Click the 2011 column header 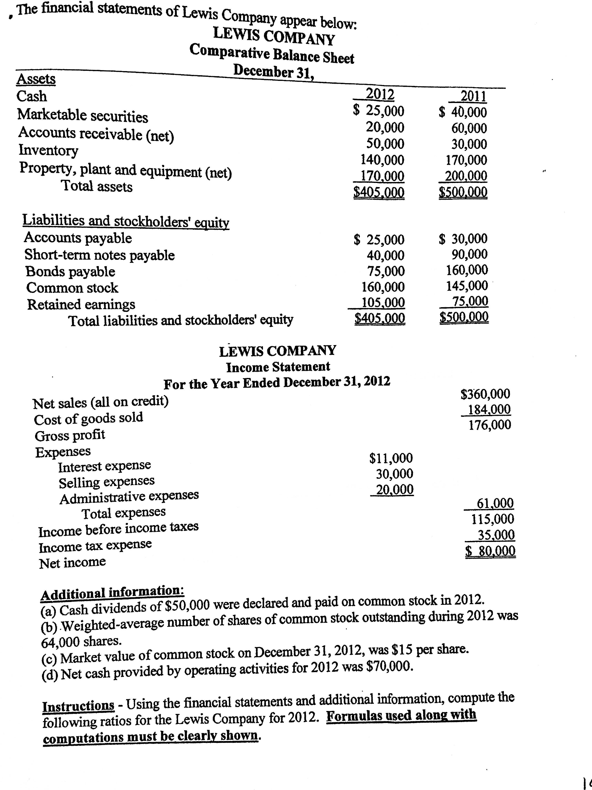click(x=473, y=96)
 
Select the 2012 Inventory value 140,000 click(x=383, y=160)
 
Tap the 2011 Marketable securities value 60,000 click(x=469, y=128)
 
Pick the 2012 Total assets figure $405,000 click(x=379, y=193)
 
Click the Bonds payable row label click(x=70, y=272)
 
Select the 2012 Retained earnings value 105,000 click(x=383, y=302)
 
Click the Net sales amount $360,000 click(x=485, y=394)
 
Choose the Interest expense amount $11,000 click(x=391, y=458)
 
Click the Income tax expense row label click(x=95, y=545)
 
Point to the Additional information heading click(x=112, y=593)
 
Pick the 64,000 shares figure click(x=81, y=641)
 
